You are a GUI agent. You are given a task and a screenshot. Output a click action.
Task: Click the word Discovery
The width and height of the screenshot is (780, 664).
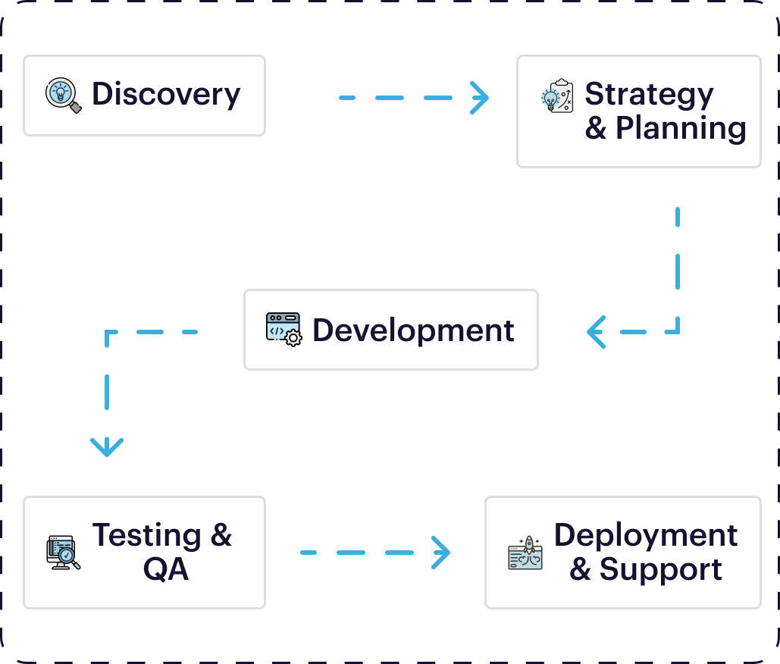click(x=166, y=95)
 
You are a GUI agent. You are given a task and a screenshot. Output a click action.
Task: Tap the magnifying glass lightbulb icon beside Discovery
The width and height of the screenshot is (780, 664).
click(x=63, y=96)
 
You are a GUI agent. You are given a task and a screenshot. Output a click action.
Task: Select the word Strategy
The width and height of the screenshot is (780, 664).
click(x=649, y=95)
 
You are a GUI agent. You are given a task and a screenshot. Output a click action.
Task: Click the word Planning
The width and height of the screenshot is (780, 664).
click(x=681, y=128)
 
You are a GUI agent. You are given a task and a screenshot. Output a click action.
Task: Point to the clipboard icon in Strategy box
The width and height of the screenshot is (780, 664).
click(x=557, y=96)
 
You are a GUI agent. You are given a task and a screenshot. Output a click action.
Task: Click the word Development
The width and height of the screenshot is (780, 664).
click(x=413, y=330)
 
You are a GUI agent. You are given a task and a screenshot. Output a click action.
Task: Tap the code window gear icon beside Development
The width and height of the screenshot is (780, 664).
click(x=283, y=330)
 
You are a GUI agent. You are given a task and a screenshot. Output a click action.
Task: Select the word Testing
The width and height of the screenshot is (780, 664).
click(x=147, y=535)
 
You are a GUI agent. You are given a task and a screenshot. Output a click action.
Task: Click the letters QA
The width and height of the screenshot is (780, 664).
click(x=165, y=568)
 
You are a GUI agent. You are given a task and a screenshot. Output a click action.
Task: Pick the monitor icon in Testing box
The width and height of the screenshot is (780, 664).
click(x=63, y=553)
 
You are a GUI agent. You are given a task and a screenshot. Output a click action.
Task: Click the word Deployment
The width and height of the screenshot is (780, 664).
click(x=646, y=535)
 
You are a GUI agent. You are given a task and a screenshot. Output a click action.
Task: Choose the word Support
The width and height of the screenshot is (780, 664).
click(x=661, y=569)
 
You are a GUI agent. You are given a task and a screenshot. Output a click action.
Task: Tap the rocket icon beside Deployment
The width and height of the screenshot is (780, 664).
click(x=525, y=553)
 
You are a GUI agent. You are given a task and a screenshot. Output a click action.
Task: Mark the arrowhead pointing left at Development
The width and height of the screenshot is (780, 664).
click(x=596, y=331)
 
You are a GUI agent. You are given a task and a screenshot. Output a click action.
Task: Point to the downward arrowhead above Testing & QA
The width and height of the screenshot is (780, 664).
click(x=107, y=447)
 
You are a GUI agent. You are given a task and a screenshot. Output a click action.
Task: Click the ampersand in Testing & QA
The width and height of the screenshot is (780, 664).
click(x=221, y=535)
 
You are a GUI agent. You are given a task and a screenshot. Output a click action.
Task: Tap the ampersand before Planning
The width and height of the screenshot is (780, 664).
click(x=596, y=128)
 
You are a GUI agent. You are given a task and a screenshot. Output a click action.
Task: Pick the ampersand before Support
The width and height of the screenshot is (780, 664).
click(x=580, y=569)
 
